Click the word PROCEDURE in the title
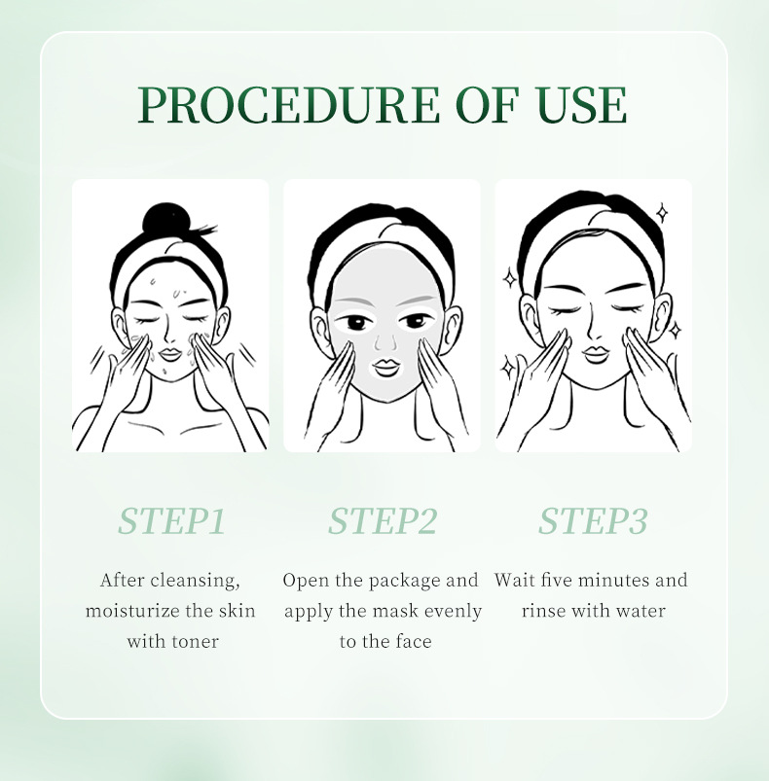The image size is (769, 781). (288, 105)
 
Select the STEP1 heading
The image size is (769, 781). (171, 521)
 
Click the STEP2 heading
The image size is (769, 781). (383, 521)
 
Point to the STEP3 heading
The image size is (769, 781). (593, 521)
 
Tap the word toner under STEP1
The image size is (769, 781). (195, 642)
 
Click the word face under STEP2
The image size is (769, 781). (411, 641)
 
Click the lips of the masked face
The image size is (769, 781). (385, 367)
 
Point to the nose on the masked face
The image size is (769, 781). (384, 341)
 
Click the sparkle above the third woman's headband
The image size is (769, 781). (662, 213)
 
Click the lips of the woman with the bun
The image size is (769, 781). (169, 355)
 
